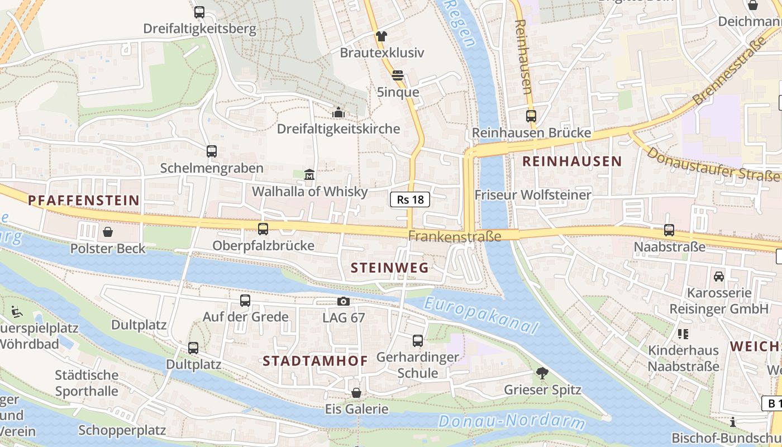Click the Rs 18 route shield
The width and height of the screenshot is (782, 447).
tap(409, 199)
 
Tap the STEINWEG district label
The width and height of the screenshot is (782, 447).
tap(389, 268)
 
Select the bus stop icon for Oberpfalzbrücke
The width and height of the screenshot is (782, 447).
tap(263, 229)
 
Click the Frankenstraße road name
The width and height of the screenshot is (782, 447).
tap(454, 236)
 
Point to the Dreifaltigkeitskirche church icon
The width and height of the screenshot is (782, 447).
tap(338, 113)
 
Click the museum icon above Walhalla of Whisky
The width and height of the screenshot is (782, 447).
tap(309, 175)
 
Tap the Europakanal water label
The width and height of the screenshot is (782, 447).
tap(480, 316)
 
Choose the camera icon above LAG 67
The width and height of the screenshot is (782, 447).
tap(344, 302)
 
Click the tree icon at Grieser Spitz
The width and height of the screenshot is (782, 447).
tap(542, 373)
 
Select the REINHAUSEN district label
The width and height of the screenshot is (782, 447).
tap(571, 161)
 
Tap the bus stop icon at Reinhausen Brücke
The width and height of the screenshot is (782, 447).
tap(531, 116)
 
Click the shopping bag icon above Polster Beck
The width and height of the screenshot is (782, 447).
tap(108, 231)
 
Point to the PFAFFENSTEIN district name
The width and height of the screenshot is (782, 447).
tap(84, 200)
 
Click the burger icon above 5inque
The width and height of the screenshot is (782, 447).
tap(398, 75)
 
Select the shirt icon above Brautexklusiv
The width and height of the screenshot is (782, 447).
tap(382, 36)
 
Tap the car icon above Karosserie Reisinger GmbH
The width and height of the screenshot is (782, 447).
tap(719, 276)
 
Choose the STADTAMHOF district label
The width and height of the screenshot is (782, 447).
tap(315, 360)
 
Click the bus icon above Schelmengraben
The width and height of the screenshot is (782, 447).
tap(211, 151)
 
